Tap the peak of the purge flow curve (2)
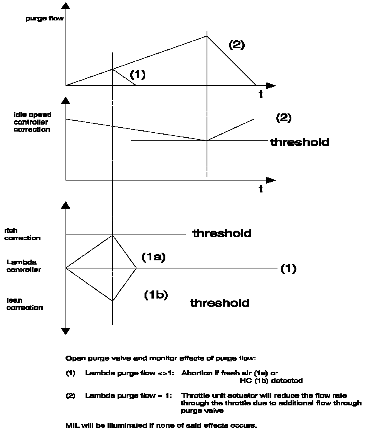(207, 36)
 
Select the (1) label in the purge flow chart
(138, 74)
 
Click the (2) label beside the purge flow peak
(237, 45)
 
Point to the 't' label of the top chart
(261, 94)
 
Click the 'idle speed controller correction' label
(32, 122)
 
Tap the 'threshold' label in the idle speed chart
(300, 142)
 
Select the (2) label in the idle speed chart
(284, 118)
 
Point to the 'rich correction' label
(22, 234)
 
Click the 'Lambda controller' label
(24, 266)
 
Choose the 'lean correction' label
(24, 304)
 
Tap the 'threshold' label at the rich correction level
(222, 233)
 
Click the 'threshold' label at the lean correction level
(220, 303)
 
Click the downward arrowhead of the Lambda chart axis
(66, 331)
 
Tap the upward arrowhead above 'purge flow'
(66, 6)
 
